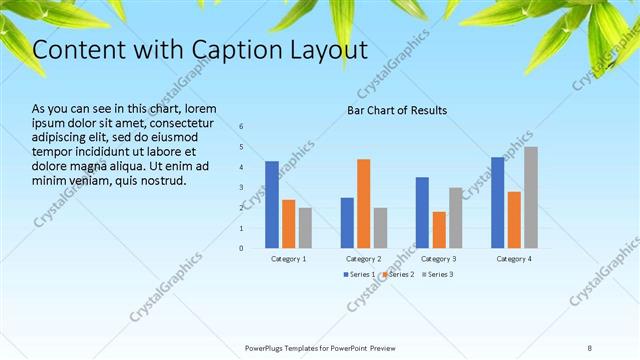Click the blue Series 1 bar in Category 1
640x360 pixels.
tap(272, 204)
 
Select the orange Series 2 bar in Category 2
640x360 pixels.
tap(363, 203)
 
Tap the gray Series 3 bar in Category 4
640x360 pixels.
tap(531, 197)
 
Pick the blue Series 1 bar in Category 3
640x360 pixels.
tap(422, 212)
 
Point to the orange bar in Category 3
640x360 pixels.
tap(439, 229)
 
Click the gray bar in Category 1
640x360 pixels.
tap(305, 227)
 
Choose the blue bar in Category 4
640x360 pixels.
tap(497, 202)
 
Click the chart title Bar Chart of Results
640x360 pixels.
tap(397, 110)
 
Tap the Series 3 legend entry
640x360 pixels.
tap(436, 274)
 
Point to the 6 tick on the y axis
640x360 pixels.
tap(242, 126)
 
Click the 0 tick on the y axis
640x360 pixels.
tap(242, 248)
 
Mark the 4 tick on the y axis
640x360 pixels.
tap(242, 167)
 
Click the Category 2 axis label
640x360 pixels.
tap(364, 259)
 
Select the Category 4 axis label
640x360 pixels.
tap(514, 259)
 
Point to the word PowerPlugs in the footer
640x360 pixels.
tap(267, 347)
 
